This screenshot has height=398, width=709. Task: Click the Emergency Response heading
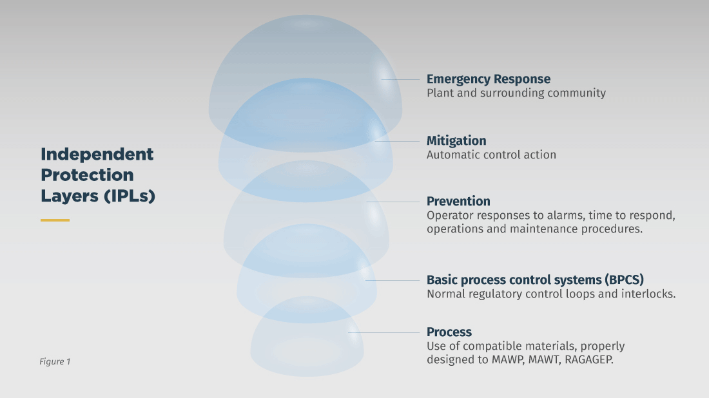[488, 79]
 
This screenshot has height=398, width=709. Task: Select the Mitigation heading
[456, 140]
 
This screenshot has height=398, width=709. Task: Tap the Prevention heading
[458, 201]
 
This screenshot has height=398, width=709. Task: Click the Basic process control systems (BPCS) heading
[535, 280]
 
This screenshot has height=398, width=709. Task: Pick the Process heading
[449, 332]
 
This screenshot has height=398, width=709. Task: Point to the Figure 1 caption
[55, 361]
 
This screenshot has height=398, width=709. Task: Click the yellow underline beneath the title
[55, 220]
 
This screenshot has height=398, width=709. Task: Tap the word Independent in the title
[97, 155]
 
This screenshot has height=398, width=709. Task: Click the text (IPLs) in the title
[129, 196]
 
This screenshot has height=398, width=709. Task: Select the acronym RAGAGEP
[589, 360]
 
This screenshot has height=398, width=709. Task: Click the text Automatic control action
[491, 155]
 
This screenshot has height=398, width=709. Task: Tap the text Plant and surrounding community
[516, 93]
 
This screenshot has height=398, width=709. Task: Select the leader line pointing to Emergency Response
[401, 79]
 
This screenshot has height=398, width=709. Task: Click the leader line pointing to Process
[385, 332]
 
